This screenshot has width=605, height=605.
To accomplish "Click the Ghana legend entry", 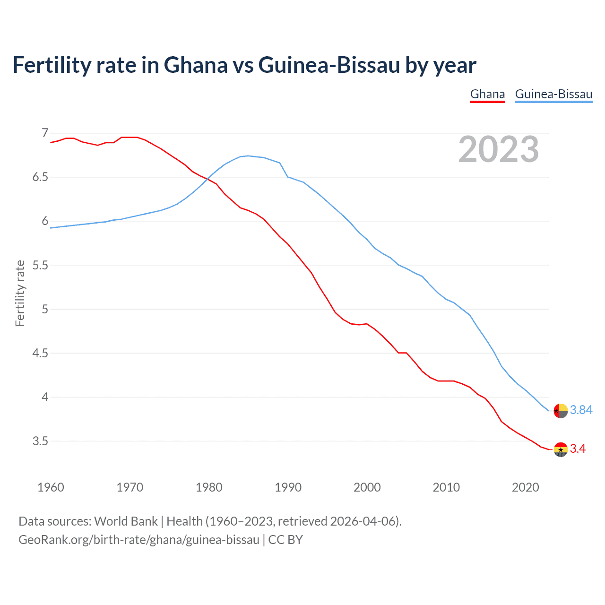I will [x=487, y=94].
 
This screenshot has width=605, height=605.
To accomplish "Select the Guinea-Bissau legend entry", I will [x=553, y=94].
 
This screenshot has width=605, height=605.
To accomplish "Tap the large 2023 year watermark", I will [x=499, y=149].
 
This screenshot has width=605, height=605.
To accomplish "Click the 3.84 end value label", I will [x=581, y=410].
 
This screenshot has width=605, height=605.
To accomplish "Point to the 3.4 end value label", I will [x=578, y=449].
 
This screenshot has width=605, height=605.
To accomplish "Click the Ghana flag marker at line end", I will [x=561, y=449].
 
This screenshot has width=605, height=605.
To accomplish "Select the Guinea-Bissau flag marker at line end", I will [x=561, y=411].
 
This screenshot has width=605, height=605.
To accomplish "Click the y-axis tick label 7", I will [x=45, y=133].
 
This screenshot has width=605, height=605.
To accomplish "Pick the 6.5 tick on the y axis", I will [x=40, y=177].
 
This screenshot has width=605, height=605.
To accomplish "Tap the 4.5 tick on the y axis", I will [x=40, y=353].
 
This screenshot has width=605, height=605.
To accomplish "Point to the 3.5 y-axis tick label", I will [x=40, y=441].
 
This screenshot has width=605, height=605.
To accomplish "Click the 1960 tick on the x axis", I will [x=51, y=487].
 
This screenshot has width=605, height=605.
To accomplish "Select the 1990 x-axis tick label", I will [x=288, y=487].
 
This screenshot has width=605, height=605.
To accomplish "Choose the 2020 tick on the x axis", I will [x=525, y=487].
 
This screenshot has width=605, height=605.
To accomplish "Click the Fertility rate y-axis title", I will [x=20, y=293].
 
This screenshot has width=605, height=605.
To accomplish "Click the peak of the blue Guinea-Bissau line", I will [x=248, y=156].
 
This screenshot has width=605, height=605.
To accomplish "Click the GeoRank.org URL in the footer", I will [x=139, y=540].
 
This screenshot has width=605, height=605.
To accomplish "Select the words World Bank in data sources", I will [x=126, y=521].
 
